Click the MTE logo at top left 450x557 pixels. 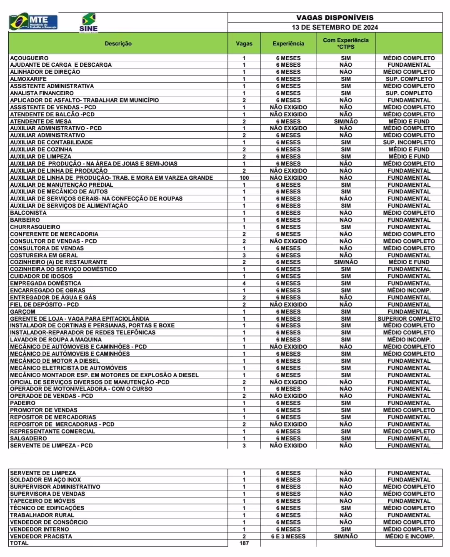click(33, 22)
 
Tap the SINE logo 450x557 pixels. click(88, 23)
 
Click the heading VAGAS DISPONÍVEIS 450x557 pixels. click(335, 18)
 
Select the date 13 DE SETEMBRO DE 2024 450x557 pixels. click(335, 27)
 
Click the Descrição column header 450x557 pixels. click(118, 43)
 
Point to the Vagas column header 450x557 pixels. click(244, 43)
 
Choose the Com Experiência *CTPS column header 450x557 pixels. click(346, 43)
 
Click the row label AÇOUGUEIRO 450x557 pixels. click(29, 58)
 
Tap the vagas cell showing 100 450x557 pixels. click(244, 178)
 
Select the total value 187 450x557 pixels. click(244, 543)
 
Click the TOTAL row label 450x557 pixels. click(19, 543)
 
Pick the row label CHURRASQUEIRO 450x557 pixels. click(35, 227)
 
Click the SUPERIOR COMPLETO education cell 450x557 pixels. click(409, 319)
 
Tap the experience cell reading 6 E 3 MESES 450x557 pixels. click(288, 536)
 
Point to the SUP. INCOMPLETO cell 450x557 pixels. click(409, 142)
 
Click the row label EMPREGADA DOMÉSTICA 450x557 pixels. click(45, 283)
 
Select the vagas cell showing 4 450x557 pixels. click(244, 283)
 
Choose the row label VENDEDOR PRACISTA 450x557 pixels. click(41, 536)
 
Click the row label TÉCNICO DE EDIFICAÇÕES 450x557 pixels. click(47, 508)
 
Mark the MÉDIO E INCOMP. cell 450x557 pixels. click(409, 536)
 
